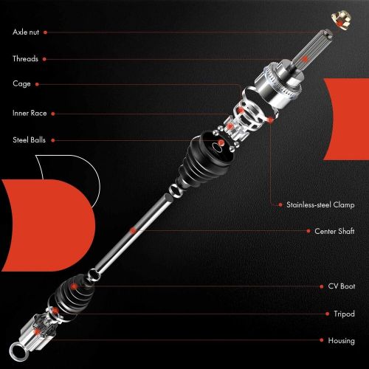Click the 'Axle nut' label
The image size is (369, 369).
click(27, 32)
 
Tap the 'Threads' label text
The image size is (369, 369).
click(26, 58)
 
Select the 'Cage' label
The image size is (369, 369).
click(21, 84)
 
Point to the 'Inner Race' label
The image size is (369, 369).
click(30, 113)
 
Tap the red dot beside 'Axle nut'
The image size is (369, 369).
click(47, 32)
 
